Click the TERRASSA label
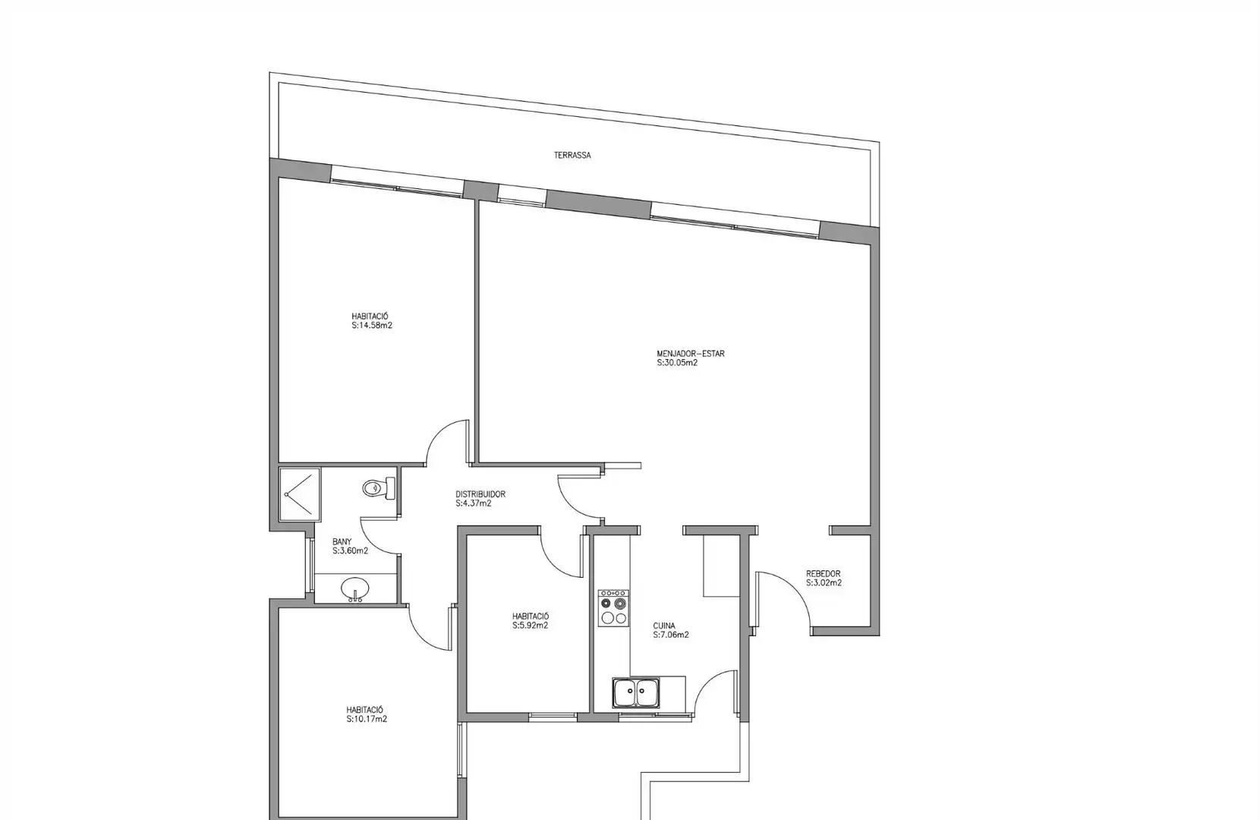[x=572, y=156]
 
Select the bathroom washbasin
[x=355, y=589]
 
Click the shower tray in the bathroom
[x=300, y=495]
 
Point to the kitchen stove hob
[x=613, y=608]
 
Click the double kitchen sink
[x=636, y=692]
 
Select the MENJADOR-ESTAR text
[x=691, y=354]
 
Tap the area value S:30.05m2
[x=677, y=363]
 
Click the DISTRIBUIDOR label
[x=480, y=494]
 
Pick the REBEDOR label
[x=823, y=574]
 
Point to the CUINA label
[x=663, y=626]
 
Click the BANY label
[x=342, y=542]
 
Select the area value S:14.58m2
[x=372, y=325]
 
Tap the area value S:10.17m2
[x=367, y=719]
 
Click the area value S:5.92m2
[x=530, y=626]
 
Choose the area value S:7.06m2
[x=670, y=635]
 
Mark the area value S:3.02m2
[x=824, y=583]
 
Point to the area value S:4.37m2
[x=473, y=503]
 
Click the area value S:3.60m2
[x=350, y=551]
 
